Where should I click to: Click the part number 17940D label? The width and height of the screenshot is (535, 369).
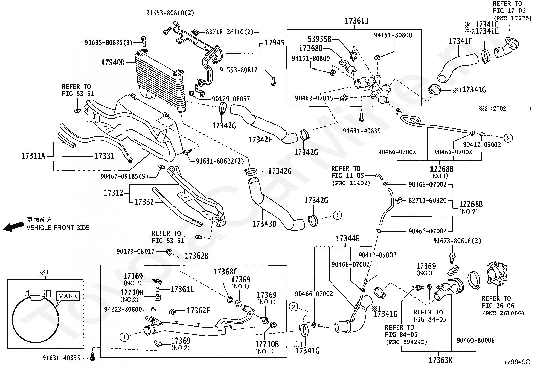[x=113, y=63]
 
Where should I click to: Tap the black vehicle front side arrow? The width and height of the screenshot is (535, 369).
[x=14, y=227]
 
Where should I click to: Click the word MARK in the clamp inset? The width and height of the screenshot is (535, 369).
[x=68, y=296]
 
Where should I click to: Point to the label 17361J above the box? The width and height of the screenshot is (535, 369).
[x=357, y=21]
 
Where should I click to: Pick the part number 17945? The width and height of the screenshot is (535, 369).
[x=275, y=43]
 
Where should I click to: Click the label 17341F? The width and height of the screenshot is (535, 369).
[x=460, y=41]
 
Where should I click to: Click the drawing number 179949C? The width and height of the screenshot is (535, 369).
[x=517, y=362]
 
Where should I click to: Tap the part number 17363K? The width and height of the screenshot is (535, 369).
[x=441, y=360]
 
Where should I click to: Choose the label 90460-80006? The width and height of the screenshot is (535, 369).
[x=476, y=340]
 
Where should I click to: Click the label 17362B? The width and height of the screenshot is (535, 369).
[x=196, y=256]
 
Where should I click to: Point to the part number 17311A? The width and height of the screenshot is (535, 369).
[x=33, y=156]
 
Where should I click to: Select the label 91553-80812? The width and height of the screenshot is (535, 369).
[x=239, y=70]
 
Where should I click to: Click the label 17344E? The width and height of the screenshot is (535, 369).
[x=347, y=239]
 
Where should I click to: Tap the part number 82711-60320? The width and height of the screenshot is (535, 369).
[x=427, y=200]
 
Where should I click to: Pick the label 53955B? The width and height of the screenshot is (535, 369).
[x=320, y=39]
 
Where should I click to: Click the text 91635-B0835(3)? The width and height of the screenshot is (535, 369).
[x=109, y=43]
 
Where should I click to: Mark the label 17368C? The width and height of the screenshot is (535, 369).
[x=225, y=272]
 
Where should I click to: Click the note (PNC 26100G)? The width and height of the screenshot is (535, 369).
[x=503, y=313]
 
